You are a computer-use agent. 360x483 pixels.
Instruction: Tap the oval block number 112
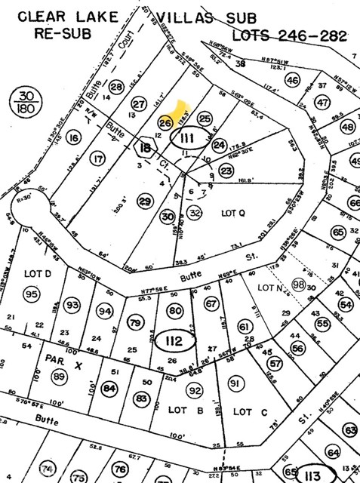pos(174,341)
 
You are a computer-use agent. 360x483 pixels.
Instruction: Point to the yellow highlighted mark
pos(182,114)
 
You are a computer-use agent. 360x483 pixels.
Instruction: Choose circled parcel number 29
pos(144,200)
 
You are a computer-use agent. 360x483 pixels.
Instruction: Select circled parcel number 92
pos(195,391)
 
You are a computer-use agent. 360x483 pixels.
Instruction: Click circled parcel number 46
pos(292,80)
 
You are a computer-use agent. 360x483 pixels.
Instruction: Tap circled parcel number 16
pos(72,137)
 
